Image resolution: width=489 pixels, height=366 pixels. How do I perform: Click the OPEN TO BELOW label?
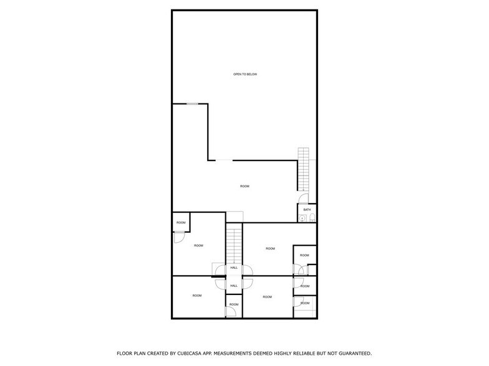click(x=245, y=74)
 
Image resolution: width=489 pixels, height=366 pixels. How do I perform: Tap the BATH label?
click(x=307, y=210)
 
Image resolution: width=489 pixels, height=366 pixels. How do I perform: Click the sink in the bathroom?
click(x=301, y=217)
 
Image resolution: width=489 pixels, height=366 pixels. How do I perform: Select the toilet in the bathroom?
click(x=313, y=217)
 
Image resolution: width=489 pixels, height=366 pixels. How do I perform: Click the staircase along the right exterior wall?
click(x=304, y=169)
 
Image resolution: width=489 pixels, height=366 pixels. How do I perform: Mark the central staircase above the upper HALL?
click(x=233, y=245)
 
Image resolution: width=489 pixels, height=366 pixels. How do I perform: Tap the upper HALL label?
click(x=234, y=268)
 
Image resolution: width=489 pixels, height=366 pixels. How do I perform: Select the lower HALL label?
click(x=234, y=285)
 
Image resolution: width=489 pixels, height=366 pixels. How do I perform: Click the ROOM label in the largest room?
click(x=245, y=186)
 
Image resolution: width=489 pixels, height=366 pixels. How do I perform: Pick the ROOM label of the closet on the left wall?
click(x=181, y=222)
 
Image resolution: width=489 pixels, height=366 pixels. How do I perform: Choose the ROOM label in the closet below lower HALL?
click(x=234, y=304)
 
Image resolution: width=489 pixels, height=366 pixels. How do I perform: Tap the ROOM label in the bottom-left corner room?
click(x=197, y=296)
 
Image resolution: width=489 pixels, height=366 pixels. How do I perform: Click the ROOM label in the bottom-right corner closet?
click(x=305, y=303)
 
